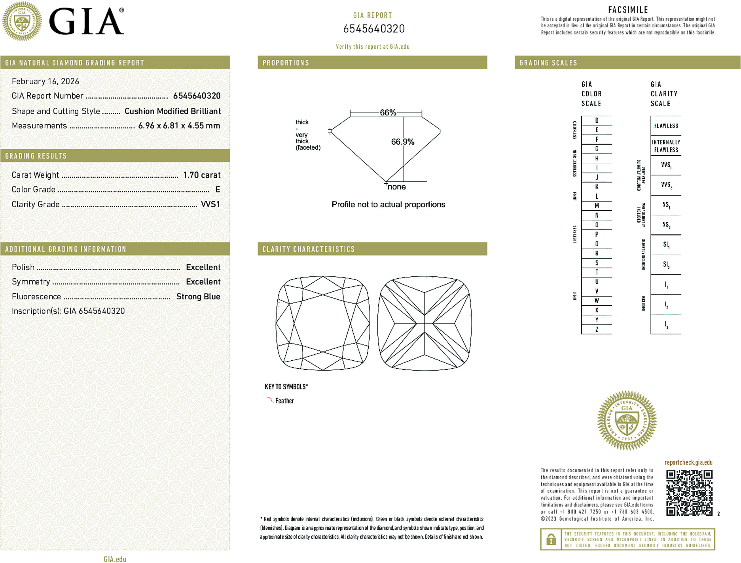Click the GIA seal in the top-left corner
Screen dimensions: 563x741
(22, 21)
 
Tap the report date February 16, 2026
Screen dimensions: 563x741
(45, 82)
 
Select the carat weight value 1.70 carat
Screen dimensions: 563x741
(202, 175)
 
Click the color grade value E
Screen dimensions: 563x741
(218, 190)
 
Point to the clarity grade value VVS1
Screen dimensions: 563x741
(210, 204)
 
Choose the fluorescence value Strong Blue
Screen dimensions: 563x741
(198, 297)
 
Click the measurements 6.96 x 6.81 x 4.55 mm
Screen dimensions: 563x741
(179, 126)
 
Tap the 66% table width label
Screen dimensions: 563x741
(388, 112)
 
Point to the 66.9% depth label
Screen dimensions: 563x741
(403, 142)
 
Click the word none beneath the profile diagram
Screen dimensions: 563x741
(397, 187)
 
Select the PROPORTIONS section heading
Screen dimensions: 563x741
(286, 63)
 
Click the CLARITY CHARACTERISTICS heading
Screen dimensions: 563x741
(309, 249)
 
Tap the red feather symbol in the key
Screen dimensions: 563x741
(270, 400)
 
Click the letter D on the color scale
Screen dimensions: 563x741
(597, 120)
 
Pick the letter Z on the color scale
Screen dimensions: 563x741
(597, 329)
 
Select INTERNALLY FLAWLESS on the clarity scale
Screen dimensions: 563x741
(666, 146)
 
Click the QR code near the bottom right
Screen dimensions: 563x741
(689, 493)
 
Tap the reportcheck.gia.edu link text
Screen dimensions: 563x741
(688, 462)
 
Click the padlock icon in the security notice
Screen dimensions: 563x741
(551, 539)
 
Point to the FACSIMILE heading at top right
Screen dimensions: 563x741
(628, 10)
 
